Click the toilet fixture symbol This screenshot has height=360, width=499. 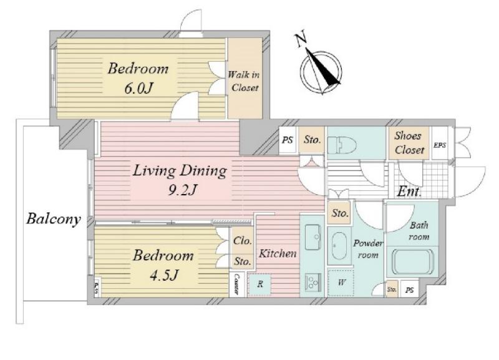click(342, 145)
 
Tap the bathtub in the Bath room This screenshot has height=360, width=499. click(413, 262)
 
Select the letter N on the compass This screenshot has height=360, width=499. click(301, 39)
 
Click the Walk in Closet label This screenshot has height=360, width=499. click(244, 81)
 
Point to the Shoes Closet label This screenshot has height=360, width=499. click(409, 143)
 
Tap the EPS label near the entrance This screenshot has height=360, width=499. click(440, 145)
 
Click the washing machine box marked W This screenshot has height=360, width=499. click(341, 283)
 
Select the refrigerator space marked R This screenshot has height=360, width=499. click(260, 284)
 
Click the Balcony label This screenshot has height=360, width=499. click(54, 219)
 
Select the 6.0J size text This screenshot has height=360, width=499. click(138, 88)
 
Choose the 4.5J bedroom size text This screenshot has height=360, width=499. click(163, 275)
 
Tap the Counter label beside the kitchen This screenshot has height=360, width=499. click(236, 284)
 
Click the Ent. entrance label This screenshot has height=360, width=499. click(410, 192)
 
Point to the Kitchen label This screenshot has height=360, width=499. click(278, 254)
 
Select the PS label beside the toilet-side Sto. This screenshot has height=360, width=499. click(288, 140)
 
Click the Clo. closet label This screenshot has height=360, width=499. click(243, 241)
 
